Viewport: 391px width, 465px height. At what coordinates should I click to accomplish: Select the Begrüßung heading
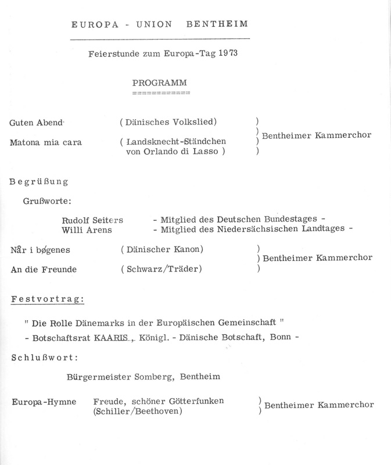coord(39,181)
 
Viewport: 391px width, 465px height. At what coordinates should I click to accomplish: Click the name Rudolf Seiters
coord(96,220)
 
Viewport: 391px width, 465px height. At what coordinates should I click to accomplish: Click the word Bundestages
coord(290,219)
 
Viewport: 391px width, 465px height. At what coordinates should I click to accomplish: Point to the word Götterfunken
coord(202,402)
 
